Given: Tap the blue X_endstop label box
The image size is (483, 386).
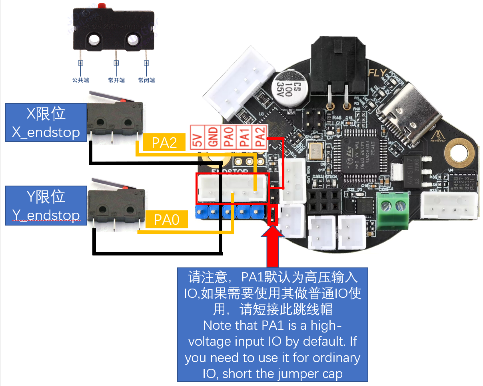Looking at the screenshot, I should [46, 122].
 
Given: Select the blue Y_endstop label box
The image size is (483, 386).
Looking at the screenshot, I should [46, 205].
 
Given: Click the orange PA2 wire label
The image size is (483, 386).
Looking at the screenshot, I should [164, 143].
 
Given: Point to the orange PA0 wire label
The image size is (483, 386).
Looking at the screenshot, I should [166, 219].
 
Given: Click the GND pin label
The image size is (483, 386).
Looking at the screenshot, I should [213, 137].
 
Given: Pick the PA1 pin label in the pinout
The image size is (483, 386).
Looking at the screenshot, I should [244, 137].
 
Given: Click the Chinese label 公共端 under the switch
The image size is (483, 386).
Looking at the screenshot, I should [80, 80].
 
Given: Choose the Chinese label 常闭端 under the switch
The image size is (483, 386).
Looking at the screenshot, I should [146, 80].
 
